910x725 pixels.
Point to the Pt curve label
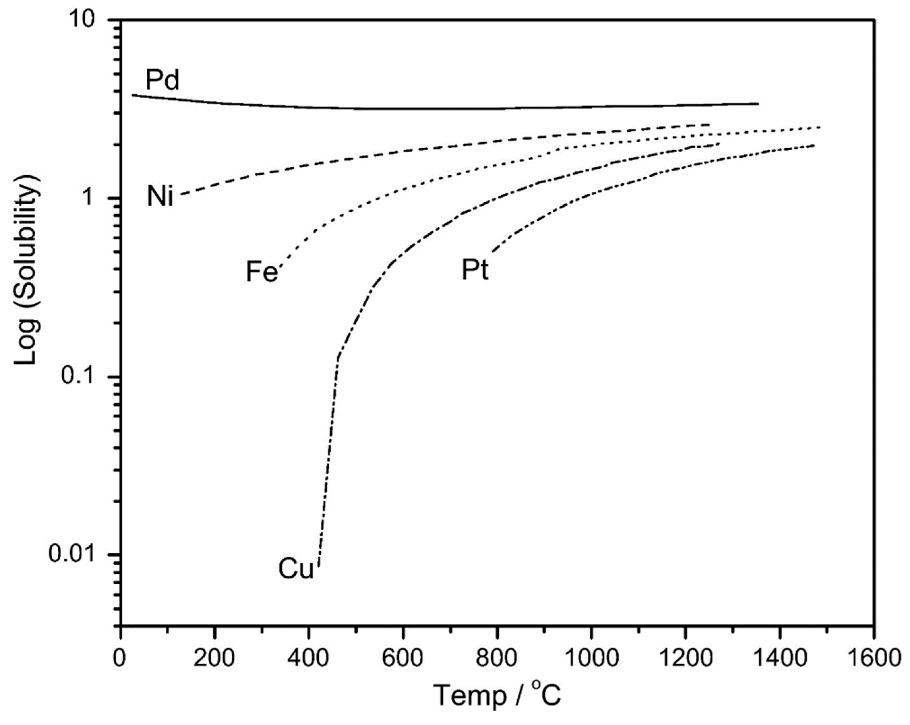point(475,270)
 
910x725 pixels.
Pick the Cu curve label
point(296,569)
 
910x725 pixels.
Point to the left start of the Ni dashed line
point(182,194)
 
